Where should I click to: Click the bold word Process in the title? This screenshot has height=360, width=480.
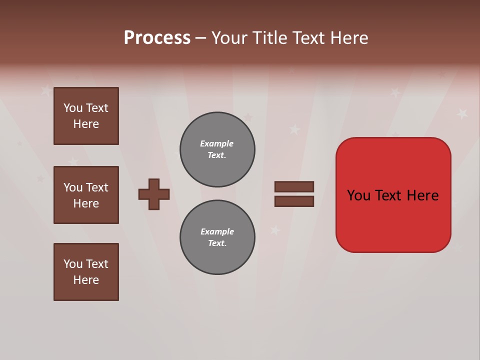(x=157, y=38)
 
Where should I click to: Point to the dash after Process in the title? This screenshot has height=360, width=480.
(x=200, y=38)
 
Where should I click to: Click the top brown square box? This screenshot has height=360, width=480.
(x=86, y=116)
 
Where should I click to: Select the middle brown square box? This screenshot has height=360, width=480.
(x=86, y=195)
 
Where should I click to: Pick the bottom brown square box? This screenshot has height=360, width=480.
(x=86, y=272)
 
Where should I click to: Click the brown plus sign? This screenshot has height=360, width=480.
(x=154, y=194)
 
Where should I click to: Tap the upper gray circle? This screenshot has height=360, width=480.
(x=217, y=149)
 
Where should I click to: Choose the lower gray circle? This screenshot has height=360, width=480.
(x=217, y=237)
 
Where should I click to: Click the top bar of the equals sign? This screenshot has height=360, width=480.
(x=294, y=187)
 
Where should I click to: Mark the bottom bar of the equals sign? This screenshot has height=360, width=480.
(x=294, y=201)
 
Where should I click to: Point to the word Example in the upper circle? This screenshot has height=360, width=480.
(x=216, y=143)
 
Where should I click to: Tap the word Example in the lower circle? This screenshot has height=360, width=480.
(x=217, y=231)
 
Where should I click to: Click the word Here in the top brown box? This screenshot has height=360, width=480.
(x=86, y=124)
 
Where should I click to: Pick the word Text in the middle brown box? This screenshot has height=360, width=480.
(x=97, y=187)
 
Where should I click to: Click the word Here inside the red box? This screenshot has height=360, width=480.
(x=422, y=195)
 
